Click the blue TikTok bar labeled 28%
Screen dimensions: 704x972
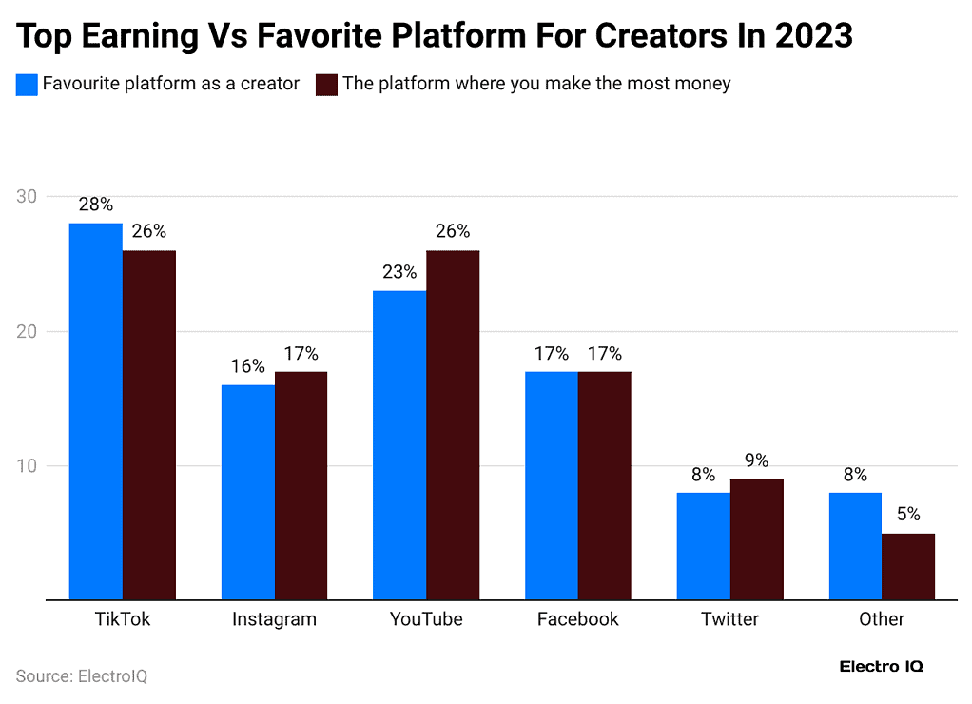point(96,411)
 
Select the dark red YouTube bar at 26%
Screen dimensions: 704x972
point(453,424)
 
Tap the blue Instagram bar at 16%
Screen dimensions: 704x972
point(248,492)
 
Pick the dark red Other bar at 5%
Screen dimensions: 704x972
point(908,566)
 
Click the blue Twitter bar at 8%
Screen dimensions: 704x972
point(704,546)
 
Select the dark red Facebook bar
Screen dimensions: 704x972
point(605,485)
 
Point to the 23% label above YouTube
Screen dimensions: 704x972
point(399,272)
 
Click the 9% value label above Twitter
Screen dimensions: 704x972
point(757,460)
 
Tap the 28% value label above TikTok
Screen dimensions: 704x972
point(95,205)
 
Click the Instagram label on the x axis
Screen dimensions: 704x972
point(274,619)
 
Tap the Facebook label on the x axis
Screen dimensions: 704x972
point(577,619)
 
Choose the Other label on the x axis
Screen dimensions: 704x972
point(882,619)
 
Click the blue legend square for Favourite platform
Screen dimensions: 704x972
point(28,84)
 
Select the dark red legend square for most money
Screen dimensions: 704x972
point(327,84)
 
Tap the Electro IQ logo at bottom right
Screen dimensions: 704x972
point(881,667)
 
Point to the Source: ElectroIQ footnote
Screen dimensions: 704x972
point(82,676)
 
